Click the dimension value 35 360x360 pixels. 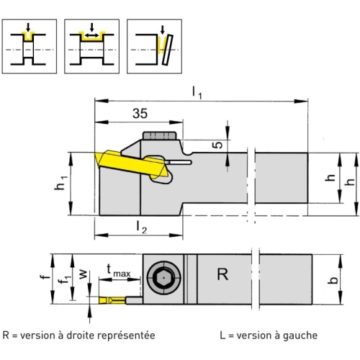point(140,113)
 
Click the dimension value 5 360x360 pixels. point(217,145)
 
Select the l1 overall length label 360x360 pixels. point(197,92)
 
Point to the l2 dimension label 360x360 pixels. point(141,228)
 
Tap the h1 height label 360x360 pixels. point(60,183)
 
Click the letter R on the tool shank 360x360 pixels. point(222,274)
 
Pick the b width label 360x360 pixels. point(333,280)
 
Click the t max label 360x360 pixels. point(119,271)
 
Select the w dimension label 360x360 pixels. point(83,274)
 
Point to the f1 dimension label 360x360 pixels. point(65,279)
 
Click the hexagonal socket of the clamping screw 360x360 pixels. point(163,279)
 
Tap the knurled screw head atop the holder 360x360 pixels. point(160,135)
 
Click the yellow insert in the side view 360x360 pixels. point(131,163)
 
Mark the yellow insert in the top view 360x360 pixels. point(112,300)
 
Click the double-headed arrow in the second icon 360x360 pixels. point(91,35)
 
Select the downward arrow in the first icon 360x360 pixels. point(28,27)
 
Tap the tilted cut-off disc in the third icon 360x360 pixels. point(168,50)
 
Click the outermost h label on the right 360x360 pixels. point(351,182)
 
